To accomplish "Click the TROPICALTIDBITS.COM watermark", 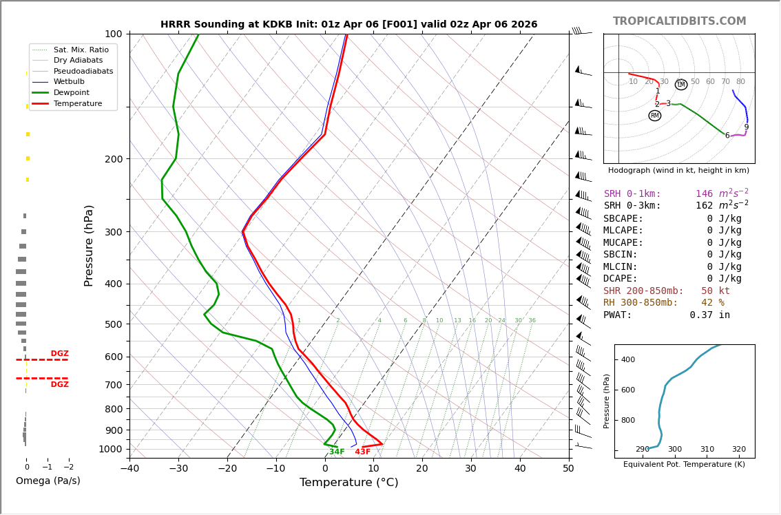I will tap(679, 21).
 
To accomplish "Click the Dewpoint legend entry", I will tap(76, 92).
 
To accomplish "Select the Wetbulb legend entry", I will tap(74, 82).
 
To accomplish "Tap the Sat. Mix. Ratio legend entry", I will tap(81, 50).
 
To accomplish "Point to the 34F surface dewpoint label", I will tap(337, 452).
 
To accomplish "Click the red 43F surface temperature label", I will tap(363, 452).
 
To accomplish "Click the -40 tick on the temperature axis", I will tap(129, 469).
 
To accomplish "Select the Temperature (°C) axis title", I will tap(348, 483).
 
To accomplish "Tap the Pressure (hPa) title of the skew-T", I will tap(90, 245).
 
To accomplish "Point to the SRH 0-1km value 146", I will tap(704, 194).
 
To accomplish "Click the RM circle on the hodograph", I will tap(654, 116).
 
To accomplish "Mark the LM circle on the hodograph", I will tap(681, 84).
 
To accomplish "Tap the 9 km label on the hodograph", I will tap(746, 127).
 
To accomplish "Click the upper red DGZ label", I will tap(59, 354).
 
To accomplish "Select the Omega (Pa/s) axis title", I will tap(48, 481).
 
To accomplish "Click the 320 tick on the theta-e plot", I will tap(738, 450).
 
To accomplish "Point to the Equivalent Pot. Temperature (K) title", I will tap(684, 465).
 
